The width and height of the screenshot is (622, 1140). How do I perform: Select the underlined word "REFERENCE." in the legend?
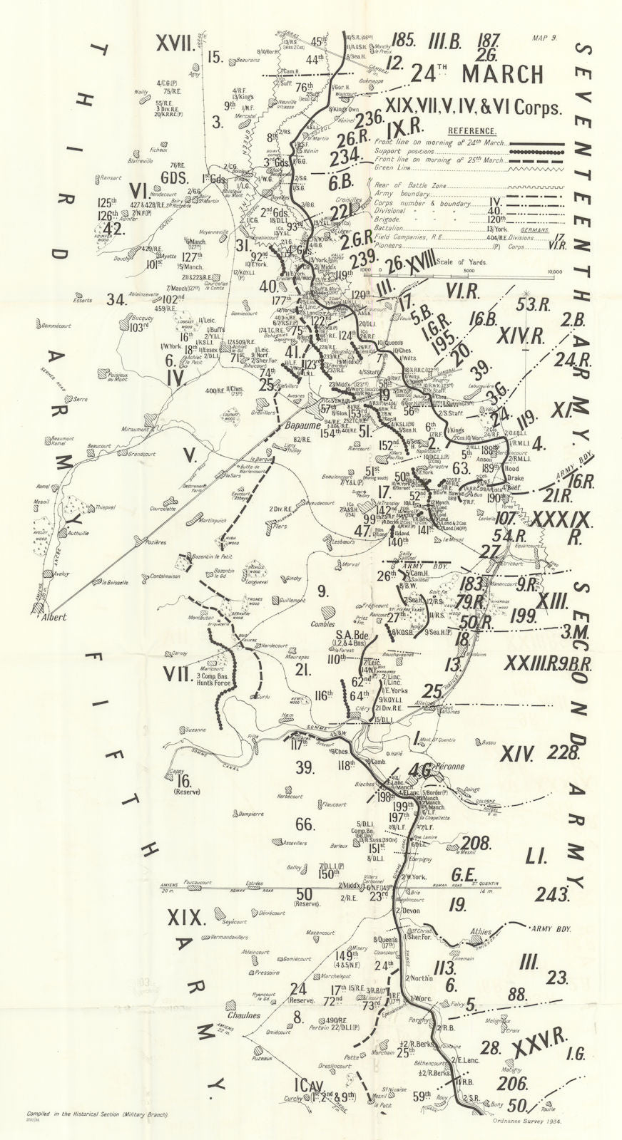472,131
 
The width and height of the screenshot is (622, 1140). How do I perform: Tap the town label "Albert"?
53,617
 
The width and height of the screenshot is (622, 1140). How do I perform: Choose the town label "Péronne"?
447,767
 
